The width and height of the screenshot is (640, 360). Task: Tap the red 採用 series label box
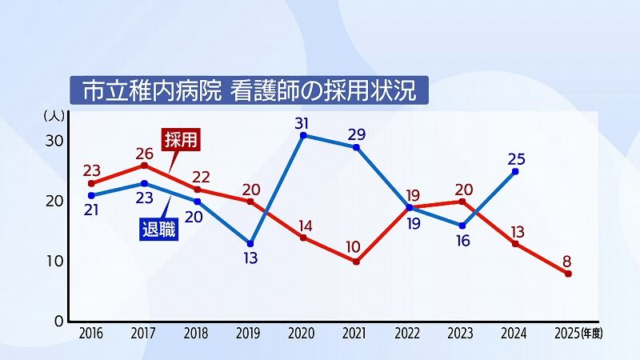tap(180, 139)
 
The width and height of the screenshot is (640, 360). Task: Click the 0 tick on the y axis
tap(58, 321)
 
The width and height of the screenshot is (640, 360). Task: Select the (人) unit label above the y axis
tap(54, 115)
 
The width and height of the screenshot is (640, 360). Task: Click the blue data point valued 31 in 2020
tap(303, 135)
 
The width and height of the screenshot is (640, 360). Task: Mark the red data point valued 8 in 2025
tap(568, 274)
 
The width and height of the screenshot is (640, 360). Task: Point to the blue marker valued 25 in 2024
tap(515, 171)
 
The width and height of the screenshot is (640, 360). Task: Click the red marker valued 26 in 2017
tap(144, 166)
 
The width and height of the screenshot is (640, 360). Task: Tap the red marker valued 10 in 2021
tap(356, 262)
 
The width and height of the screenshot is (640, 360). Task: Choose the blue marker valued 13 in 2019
tap(250, 243)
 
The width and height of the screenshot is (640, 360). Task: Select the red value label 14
tap(303, 225)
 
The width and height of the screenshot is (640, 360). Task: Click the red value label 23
tap(91, 170)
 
